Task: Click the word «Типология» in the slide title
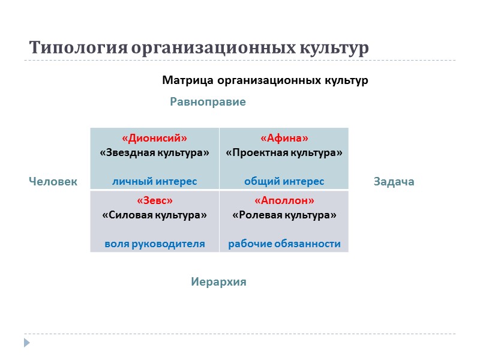(77, 48)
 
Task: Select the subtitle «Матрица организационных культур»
(265, 80)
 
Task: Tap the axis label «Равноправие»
(208, 102)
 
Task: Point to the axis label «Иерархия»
(218, 281)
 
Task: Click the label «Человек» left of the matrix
(53, 181)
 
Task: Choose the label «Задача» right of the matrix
(394, 181)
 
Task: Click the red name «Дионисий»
(154, 139)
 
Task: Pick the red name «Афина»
(284, 139)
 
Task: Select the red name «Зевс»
(154, 200)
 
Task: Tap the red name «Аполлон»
(284, 200)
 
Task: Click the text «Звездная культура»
(154, 153)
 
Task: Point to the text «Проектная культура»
(284, 153)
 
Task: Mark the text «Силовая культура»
(154, 215)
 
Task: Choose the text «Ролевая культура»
(284, 215)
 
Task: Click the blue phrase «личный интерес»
(154, 181)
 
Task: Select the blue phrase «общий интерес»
(284, 181)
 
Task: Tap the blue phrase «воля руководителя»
(154, 244)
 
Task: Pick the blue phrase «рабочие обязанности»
(284, 244)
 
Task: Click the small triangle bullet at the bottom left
(26, 343)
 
